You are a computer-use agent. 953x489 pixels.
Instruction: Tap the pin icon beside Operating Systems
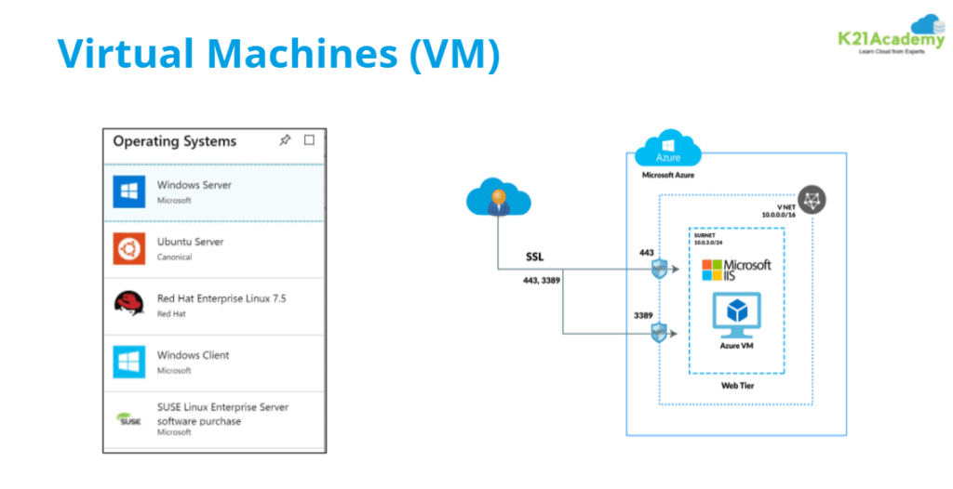[x=285, y=140]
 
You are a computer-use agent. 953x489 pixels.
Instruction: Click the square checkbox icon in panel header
[x=310, y=140]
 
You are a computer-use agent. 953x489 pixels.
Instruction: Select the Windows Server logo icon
[x=128, y=192]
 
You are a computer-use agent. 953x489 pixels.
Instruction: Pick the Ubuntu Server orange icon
[x=128, y=249]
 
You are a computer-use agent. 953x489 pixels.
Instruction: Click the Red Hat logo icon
[x=128, y=305]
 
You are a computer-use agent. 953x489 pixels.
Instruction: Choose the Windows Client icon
[x=128, y=362]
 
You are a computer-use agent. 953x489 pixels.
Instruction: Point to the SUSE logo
[x=128, y=419]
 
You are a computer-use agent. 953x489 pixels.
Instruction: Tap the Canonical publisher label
[x=175, y=258]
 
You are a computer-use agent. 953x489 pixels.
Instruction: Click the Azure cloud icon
[x=668, y=150]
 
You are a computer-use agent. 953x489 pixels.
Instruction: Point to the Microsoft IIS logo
[x=736, y=270]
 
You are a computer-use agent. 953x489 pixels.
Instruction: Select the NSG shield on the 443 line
[x=659, y=270]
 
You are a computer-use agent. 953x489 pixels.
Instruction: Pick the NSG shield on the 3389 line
[x=659, y=333]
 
